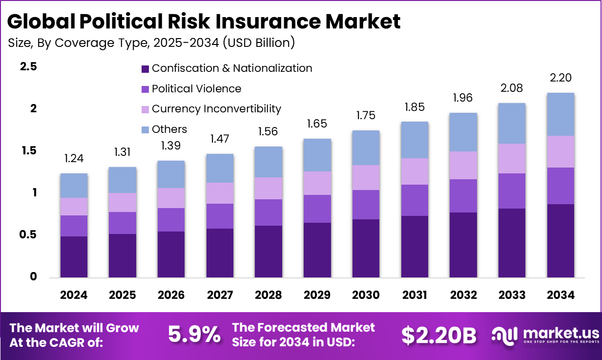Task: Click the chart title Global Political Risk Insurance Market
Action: tap(204, 21)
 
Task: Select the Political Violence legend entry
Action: tap(196, 89)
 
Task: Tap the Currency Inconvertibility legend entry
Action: tap(216, 109)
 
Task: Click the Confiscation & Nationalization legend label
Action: tap(232, 68)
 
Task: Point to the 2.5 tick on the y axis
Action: tap(28, 67)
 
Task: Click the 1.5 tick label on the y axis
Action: tap(28, 151)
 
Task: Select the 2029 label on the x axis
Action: tap(317, 295)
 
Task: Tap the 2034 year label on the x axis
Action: tap(560, 295)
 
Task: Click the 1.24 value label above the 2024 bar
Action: tap(74, 158)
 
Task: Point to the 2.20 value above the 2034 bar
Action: tap(560, 78)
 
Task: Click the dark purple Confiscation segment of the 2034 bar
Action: tap(560, 240)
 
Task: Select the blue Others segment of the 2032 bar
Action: tap(463, 132)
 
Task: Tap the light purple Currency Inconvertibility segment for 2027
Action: tap(220, 193)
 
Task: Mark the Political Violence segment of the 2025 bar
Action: tap(123, 223)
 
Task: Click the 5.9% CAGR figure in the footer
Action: tap(194, 335)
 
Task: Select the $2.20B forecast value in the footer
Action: tap(438, 335)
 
